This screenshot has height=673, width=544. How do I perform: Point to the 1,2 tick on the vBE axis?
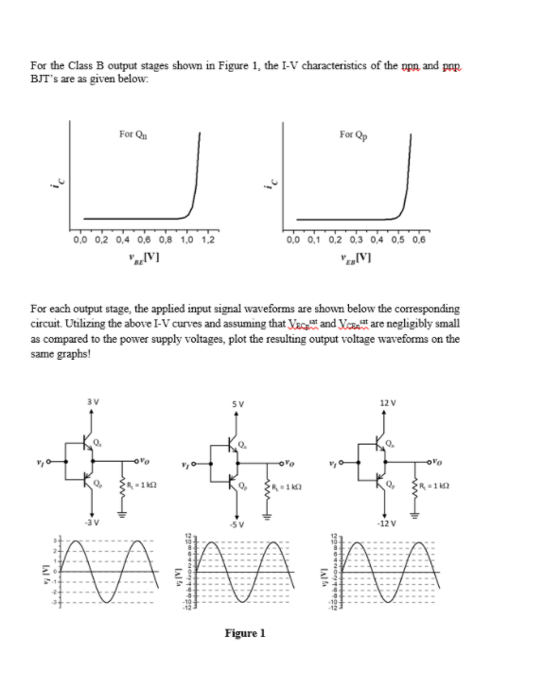pos(208,239)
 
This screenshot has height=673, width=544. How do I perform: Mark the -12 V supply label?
pos(387,522)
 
